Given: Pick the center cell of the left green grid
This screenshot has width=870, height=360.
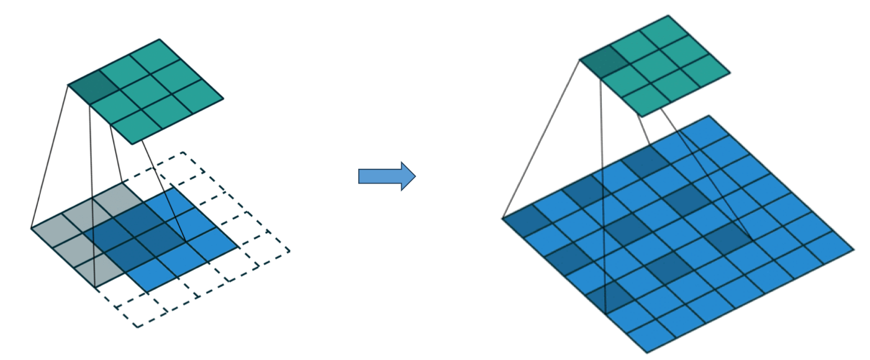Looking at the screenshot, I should click(x=145, y=91).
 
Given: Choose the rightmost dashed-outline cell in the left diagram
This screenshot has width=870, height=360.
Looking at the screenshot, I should click(x=267, y=246).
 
